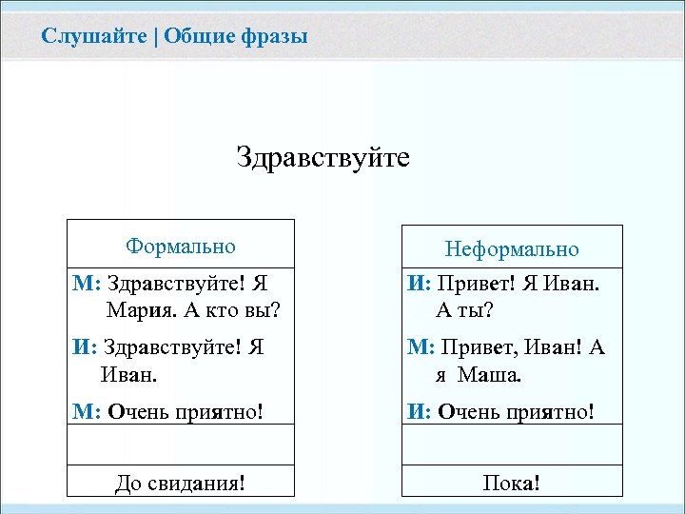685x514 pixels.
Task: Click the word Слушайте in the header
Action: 94,37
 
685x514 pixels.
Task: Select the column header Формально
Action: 181,247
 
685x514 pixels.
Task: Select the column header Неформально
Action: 512,249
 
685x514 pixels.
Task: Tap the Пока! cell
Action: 512,484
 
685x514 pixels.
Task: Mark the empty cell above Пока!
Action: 512,446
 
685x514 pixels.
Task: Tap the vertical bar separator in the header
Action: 156,37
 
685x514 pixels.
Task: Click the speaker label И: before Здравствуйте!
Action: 85,347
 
